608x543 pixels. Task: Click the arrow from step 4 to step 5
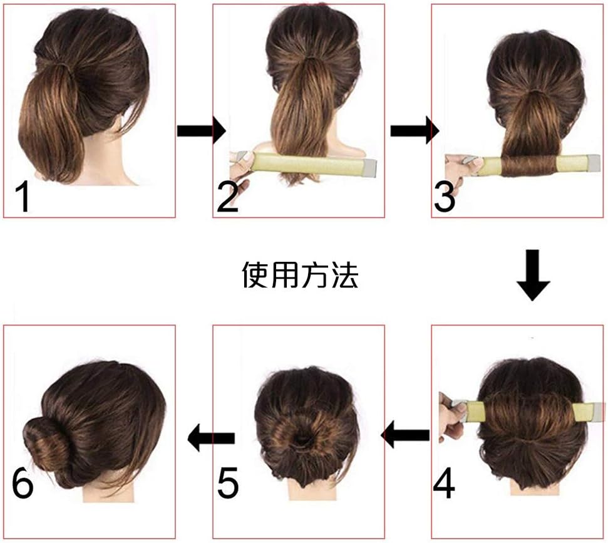tap(406, 433)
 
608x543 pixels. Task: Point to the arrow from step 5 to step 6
tap(212, 437)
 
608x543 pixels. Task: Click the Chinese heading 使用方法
tap(300, 275)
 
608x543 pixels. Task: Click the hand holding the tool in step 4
tap(453, 413)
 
